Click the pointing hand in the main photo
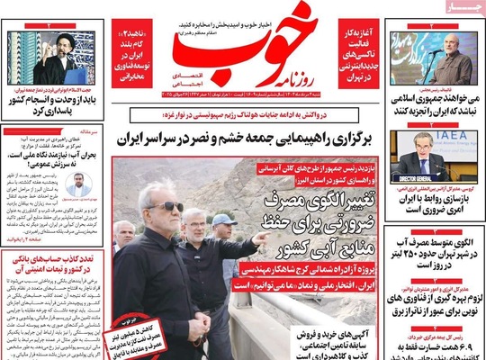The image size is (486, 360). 260,239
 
